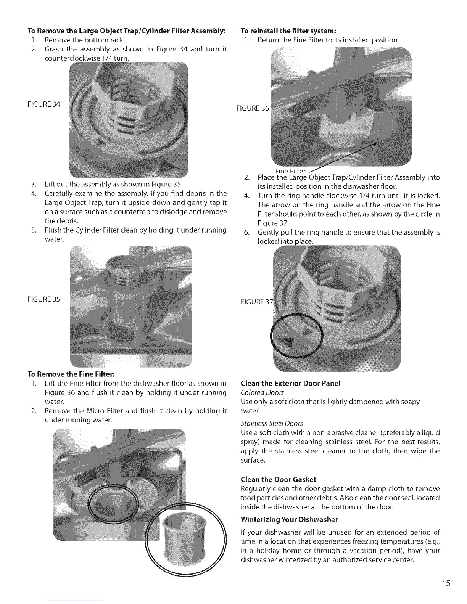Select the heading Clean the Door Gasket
279,479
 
